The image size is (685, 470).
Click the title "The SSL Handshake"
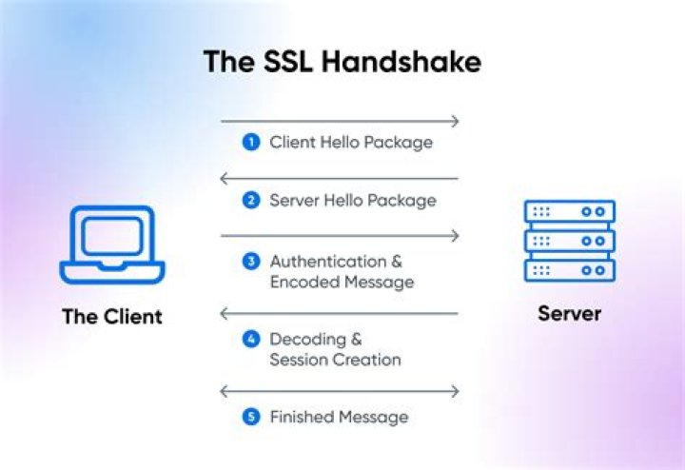pyautogui.click(x=342, y=62)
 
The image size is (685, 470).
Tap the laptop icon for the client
pyautogui.click(x=111, y=245)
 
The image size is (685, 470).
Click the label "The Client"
pyautogui.click(x=111, y=316)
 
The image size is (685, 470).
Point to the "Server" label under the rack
pyautogui.click(x=569, y=313)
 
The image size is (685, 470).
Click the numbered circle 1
pyautogui.click(x=251, y=143)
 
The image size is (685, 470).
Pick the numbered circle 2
pyautogui.click(x=251, y=201)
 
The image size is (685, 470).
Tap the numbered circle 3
pyautogui.click(x=251, y=261)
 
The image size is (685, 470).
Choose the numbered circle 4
pyautogui.click(x=251, y=340)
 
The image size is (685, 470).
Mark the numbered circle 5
pyautogui.click(x=251, y=418)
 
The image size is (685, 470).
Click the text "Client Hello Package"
pyautogui.click(x=351, y=143)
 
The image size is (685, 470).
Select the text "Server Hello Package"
pyautogui.click(x=353, y=201)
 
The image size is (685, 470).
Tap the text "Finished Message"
pyautogui.click(x=339, y=418)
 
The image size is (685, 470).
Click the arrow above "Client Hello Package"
pyautogui.click(x=340, y=121)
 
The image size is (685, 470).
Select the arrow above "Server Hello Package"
pyautogui.click(x=340, y=179)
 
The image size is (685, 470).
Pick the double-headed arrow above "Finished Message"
pyautogui.click(x=340, y=391)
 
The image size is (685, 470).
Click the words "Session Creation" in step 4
pyautogui.click(x=335, y=360)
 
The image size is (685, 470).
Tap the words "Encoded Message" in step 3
pyautogui.click(x=342, y=282)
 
